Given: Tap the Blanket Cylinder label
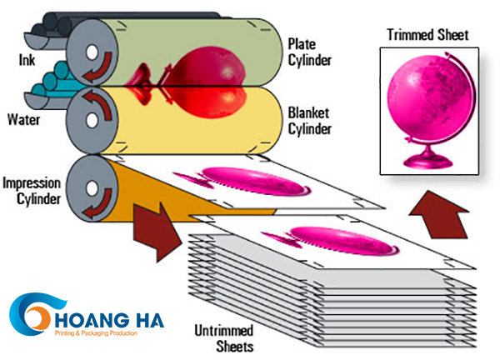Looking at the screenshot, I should click(309, 121).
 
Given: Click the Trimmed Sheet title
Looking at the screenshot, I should click(427, 35).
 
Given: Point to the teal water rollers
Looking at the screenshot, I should click(50, 83).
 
